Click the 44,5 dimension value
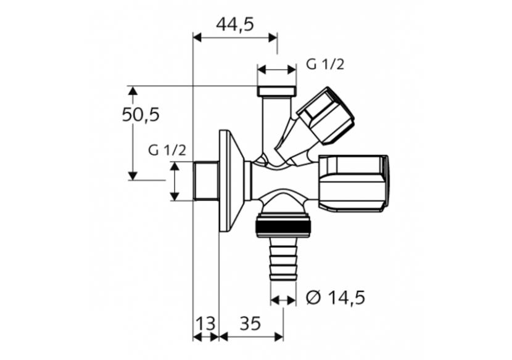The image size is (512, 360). click(235, 24)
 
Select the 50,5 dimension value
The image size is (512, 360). click(141, 115)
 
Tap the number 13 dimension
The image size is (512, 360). click(205, 324)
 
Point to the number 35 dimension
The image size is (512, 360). click(250, 324)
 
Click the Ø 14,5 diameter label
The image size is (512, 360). click(336, 298)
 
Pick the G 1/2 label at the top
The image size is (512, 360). click(325, 65)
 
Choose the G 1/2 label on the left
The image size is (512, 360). click(167, 150)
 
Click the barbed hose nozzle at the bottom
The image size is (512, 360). click(283, 260)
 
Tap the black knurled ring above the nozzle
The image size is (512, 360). click(283, 226)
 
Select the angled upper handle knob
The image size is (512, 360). click(326, 116)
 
